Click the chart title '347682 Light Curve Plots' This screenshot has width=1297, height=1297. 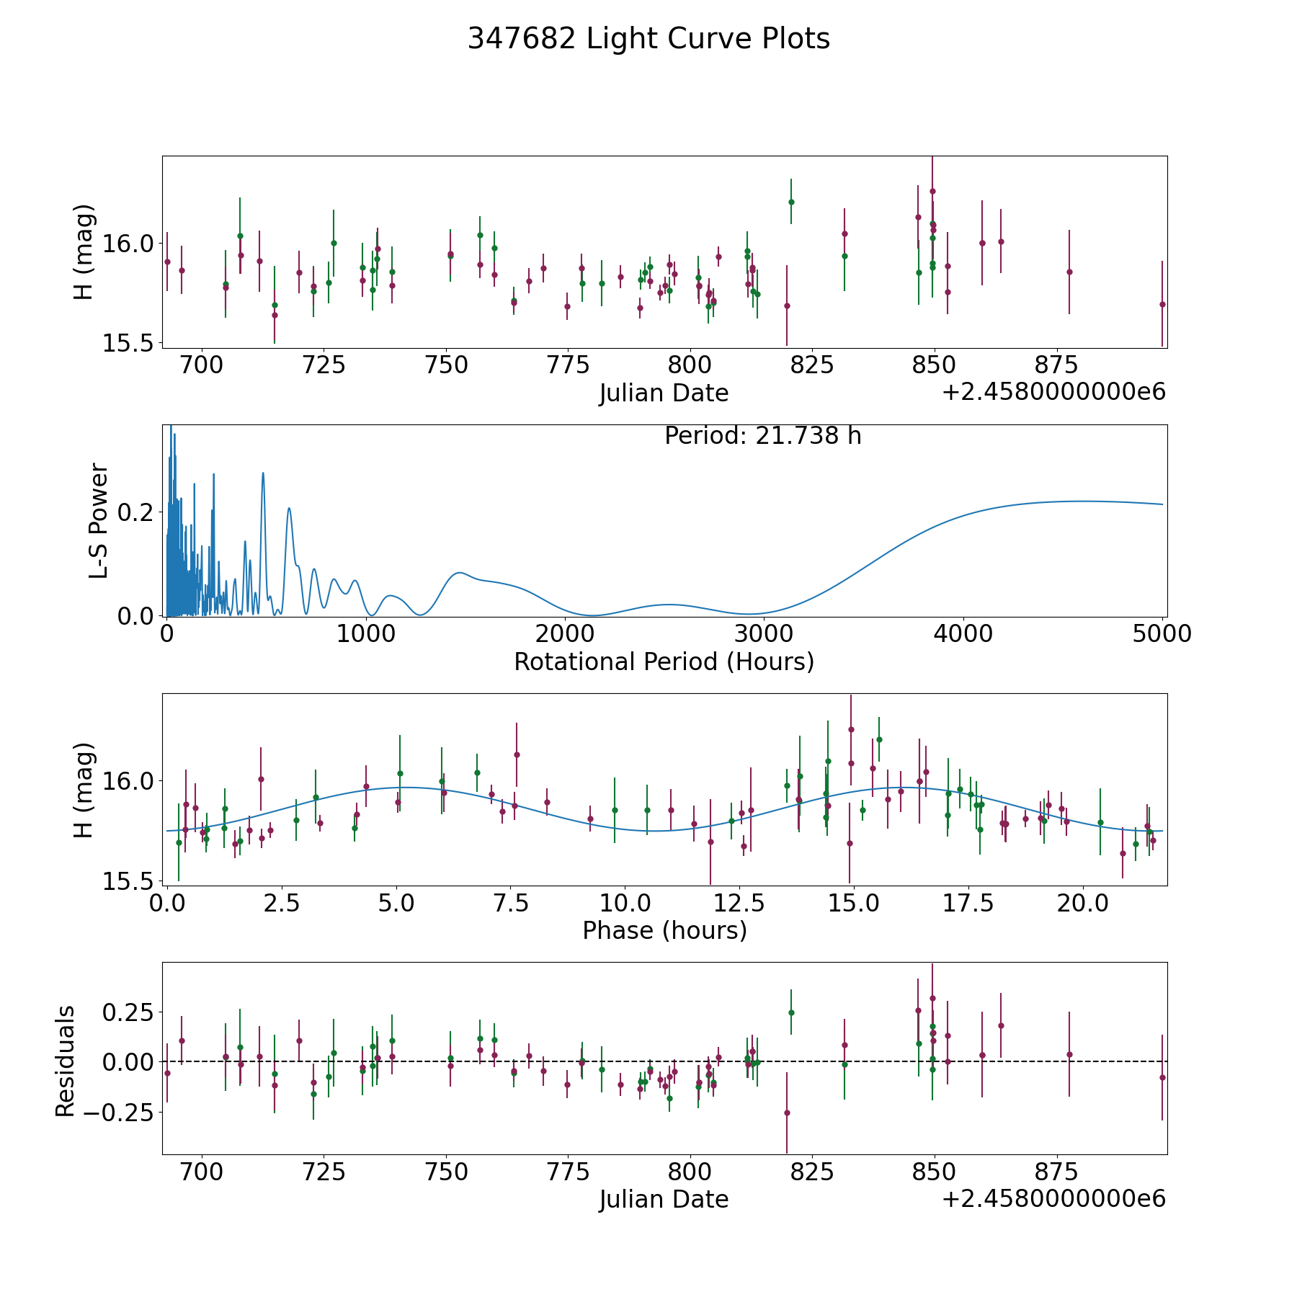pos(648,39)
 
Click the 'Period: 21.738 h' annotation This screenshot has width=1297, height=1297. pos(763,436)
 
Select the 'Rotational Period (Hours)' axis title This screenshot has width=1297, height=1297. pos(664,661)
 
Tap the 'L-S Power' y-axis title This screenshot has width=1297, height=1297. pos(99,520)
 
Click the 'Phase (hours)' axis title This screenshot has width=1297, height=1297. pos(664,930)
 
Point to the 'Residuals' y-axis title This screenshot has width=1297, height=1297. pos(66,1061)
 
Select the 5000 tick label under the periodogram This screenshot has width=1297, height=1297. pos(1162,634)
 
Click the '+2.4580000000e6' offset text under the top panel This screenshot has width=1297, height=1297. pos(1054,393)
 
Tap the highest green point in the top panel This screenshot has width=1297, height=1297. pos(791,202)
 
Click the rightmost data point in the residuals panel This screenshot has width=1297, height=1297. pos(1162,1077)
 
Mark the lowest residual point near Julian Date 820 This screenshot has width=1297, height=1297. pos(787,1113)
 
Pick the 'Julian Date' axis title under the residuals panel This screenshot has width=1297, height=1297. pos(664,1199)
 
